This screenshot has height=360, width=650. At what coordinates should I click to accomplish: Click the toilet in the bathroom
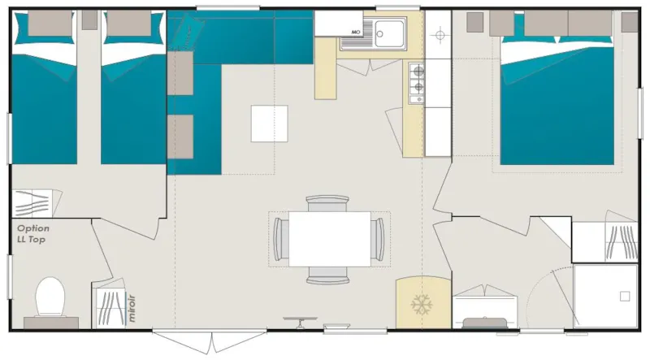50,297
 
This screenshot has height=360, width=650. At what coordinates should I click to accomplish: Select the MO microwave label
355,33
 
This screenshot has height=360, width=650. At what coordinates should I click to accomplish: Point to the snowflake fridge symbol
421,306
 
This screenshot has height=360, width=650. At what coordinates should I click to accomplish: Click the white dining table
328,238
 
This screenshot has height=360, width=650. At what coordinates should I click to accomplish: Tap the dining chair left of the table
280,238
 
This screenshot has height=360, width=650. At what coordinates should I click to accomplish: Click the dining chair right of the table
377,238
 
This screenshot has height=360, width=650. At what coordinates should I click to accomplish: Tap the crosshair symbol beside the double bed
440,36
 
